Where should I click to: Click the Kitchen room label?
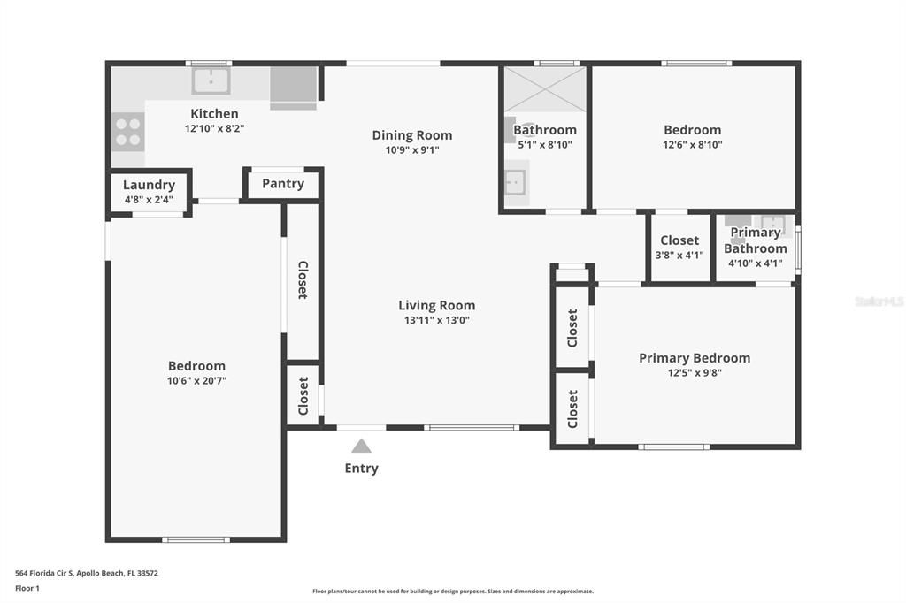click(x=214, y=113)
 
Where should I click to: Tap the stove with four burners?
click(x=127, y=132)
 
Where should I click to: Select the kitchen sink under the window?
click(x=211, y=80)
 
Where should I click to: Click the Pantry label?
click(x=283, y=184)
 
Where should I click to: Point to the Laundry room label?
click(x=149, y=185)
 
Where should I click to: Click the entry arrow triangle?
click(x=361, y=446)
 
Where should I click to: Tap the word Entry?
click(x=361, y=469)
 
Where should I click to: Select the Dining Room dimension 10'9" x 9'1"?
click(x=411, y=149)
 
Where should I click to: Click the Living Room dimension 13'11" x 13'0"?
click(x=436, y=320)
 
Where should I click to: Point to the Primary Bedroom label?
click(x=695, y=358)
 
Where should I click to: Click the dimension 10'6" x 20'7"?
click(x=196, y=380)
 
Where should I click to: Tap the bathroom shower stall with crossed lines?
click(x=545, y=89)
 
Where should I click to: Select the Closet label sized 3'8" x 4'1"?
click(x=679, y=240)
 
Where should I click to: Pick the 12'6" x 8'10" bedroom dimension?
click(x=693, y=144)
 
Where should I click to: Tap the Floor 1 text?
click(x=27, y=588)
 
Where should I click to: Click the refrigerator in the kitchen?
click(x=293, y=85)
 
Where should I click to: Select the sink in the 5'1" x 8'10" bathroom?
click(x=514, y=182)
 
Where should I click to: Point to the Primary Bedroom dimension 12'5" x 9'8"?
click(x=694, y=373)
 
